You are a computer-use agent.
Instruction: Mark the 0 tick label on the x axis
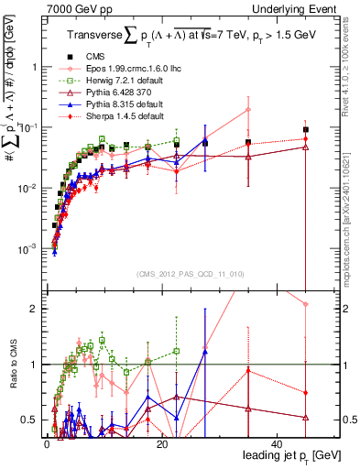click(46, 443)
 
